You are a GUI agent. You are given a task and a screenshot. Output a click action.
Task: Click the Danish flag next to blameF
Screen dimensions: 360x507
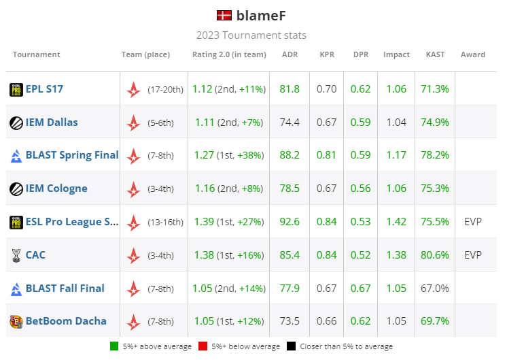pyautogui.click(x=224, y=16)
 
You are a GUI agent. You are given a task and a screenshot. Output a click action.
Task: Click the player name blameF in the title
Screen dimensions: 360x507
pyautogui.click(x=262, y=16)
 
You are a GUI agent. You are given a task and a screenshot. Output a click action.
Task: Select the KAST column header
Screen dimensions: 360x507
pyautogui.click(x=435, y=54)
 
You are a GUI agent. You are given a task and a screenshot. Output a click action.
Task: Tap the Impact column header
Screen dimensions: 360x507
pyautogui.click(x=396, y=54)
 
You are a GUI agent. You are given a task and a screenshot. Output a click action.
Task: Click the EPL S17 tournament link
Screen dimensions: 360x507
pyautogui.click(x=44, y=89)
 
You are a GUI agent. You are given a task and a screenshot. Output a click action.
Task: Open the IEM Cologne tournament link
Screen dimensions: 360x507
pyautogui.click(x=56, y=189)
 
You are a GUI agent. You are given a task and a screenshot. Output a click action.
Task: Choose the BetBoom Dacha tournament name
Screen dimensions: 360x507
pyautogui.click(x=66, y=321)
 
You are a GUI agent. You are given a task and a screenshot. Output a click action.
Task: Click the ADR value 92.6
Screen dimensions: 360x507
pyautogui.click(x=290, y=222)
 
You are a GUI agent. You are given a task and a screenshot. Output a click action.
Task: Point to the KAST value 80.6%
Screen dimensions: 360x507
pyautogui.click(x=435, y=255)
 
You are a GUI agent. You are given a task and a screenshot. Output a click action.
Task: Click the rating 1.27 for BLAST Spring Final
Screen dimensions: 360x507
pyautogui.click(x=203, y=155)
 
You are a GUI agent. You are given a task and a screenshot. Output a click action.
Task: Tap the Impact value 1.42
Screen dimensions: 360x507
pyautogui.click(x=396, y=222)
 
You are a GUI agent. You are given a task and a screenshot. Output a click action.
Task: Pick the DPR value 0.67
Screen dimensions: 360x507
pyautogui.click(x=361, y=289)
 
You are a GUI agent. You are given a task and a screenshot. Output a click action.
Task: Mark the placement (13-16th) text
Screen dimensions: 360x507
pyautogui.click(x=166, y=222)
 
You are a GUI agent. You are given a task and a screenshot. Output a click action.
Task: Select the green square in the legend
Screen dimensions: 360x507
pyautogui.click(x=114, y=346)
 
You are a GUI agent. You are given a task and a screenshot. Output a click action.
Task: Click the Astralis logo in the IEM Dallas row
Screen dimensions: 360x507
pyautogui.click(x=134, y=122)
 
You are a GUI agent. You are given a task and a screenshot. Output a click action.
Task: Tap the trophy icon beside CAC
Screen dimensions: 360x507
pyautogui.click(x=16, y=255)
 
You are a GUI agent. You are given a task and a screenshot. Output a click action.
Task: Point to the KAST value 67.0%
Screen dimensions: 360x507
pyautogui.click(x=435, y=289)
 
